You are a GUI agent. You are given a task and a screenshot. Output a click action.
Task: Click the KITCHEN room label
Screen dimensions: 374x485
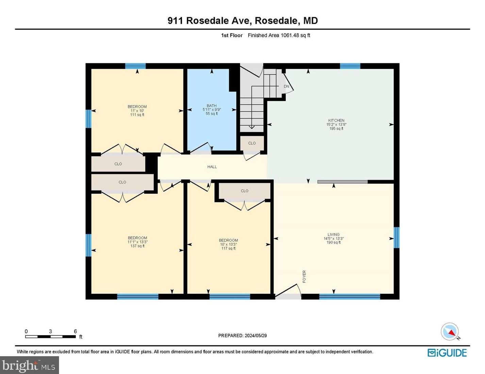pyautogui.click(x=336, y=120)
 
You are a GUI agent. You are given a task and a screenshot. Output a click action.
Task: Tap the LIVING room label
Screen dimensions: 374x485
pyautogui.click(x=333, y=234)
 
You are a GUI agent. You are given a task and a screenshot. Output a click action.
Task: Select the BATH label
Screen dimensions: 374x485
pyautogui.click(x=212, y=106)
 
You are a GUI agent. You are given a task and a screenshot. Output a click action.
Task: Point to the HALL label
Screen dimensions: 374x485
pyautogui.click(x=212, y=167)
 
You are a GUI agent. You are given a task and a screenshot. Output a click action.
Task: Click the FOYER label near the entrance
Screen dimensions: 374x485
pyautogui.click(x=304, y=276)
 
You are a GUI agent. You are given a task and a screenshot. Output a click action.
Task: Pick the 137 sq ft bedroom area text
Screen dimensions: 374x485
pyautogui.click(x=137, y=246)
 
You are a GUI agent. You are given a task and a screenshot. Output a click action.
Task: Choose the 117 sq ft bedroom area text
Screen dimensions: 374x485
pyautogui.click(x=228, y=248)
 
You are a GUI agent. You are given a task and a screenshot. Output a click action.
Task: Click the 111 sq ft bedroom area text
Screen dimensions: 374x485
pyautogui.click(x=137, y=115)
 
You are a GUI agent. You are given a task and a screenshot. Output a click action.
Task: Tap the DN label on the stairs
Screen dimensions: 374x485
pyautogui.click(x=286, y=86)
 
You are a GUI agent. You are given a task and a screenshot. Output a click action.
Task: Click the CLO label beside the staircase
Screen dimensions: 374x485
pyautogui.click(x=252, y=143)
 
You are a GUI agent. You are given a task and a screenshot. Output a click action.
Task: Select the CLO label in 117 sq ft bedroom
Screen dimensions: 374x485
pyautogui.click(x=245, y=191)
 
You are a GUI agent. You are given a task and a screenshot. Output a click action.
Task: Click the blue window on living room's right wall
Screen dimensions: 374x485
pyautogui.click(x=396, y=237)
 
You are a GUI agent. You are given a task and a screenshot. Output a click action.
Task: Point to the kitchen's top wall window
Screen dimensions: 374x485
pyautogui.click(x=350, y=66)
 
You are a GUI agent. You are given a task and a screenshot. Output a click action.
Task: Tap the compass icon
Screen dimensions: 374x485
pyautogui.click(x=450, y=331)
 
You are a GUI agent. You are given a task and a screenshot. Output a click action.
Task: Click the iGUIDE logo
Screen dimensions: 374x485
pyautogui.click(x=447, y=353)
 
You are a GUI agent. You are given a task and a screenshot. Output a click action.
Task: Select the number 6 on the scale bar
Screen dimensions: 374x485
pyautogui.click(x=76, y=331)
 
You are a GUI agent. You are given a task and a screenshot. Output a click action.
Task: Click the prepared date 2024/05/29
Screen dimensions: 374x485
pyautogui.click(x=255, y=336)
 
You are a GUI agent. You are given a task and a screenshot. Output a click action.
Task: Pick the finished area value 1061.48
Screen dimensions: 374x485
pyautogui.click(x=289, y=35)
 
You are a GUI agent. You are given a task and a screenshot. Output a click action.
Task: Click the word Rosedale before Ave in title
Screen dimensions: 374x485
pyautogui.click(x=207, y=21)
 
